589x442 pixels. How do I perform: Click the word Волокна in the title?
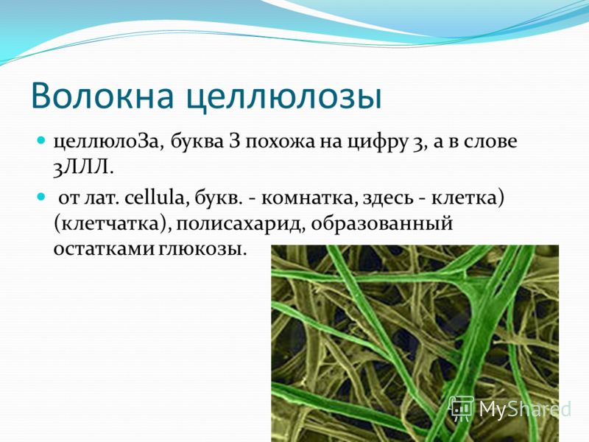point(102,96)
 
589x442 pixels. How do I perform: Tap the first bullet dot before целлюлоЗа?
point(41,140)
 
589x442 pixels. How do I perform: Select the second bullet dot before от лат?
point(41,197)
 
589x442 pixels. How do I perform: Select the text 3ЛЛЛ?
point(83,168)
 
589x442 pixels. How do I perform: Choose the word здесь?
point(388,198)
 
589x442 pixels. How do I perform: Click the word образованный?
point(381,225)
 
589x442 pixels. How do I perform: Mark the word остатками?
point(103,249)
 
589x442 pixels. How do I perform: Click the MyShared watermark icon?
point(462,408)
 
